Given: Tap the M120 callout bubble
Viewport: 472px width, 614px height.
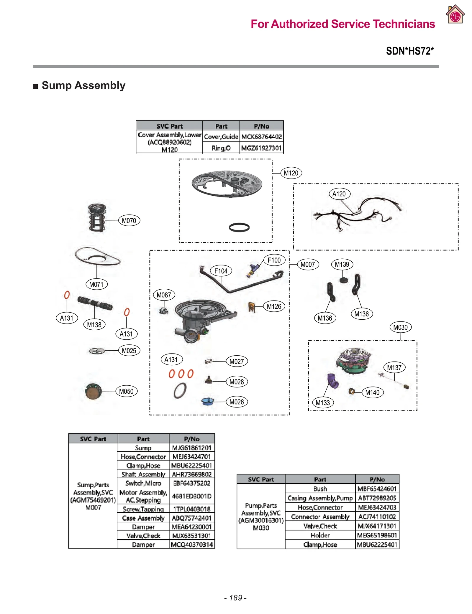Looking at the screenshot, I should pos(291,173).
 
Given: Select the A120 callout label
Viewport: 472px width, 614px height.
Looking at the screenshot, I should pos(339,194).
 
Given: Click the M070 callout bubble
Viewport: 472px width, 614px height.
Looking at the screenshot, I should pos(129,220).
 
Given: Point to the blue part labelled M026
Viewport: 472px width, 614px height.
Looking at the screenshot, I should pos(207,401).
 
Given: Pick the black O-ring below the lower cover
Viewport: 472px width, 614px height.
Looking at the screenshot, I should pos(239,227).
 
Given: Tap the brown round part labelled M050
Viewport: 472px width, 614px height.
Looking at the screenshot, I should pos(93,391).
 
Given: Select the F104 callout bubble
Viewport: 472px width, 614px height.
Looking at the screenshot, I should pos(221,271).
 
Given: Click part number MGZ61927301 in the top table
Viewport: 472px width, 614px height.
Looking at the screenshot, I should pos(261,148).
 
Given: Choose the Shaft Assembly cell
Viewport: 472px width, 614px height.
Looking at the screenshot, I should pos(143,474).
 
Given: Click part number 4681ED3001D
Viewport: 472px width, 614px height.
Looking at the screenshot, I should pos(192,496).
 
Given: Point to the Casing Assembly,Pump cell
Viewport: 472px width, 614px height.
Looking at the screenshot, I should pos(320,498).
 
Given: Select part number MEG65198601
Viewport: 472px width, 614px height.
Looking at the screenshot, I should pos(377,535).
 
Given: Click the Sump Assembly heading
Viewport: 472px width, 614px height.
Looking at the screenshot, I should pos(83,85).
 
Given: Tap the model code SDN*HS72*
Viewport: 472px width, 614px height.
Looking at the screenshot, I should pos(410,51).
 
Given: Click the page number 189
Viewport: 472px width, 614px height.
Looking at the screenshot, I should pos(235,598).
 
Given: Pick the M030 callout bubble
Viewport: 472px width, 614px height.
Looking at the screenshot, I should pos(400,327).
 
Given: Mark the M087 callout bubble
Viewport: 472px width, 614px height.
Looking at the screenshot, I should pos(164,295).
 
